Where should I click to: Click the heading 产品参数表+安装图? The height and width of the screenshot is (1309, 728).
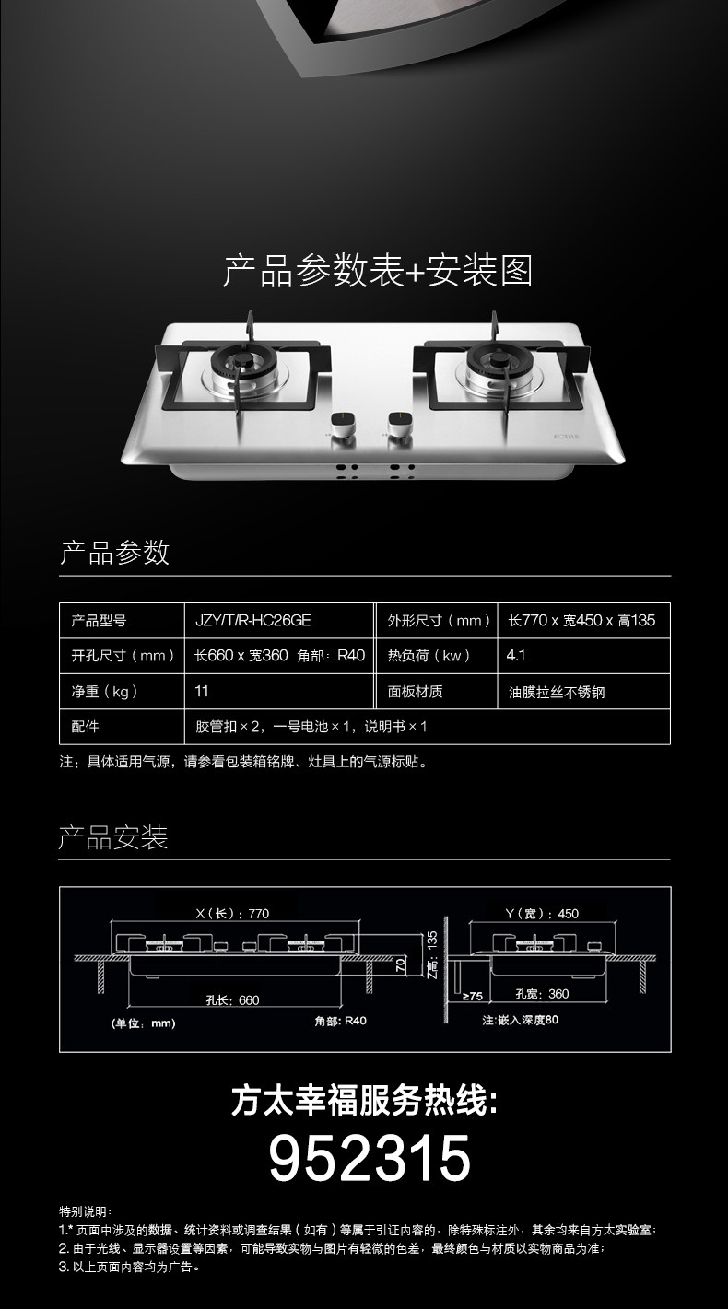point(378,271)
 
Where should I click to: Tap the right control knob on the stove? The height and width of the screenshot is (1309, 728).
point(400,424)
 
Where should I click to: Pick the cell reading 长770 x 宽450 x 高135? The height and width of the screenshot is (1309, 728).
point(581,621)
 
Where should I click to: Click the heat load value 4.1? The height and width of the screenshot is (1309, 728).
point(516,656)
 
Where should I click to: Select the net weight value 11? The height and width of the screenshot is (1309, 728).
point(202,691)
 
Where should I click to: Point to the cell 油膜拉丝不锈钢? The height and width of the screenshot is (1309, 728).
point(557,692)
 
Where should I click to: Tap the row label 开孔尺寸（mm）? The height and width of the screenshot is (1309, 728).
point(123,656)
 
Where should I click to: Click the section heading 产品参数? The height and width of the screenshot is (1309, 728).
point(114,553)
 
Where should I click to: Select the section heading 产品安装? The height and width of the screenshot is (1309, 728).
point(113,838)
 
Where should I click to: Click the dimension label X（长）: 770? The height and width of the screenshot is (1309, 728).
point(232,914)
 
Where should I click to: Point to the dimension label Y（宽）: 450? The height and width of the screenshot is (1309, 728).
point(542,914)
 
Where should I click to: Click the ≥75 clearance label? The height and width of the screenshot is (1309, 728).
point(472,996)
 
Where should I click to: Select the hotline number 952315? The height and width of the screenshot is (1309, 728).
point(370,1158)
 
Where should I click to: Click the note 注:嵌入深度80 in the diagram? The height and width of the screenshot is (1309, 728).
point(521,1021)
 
